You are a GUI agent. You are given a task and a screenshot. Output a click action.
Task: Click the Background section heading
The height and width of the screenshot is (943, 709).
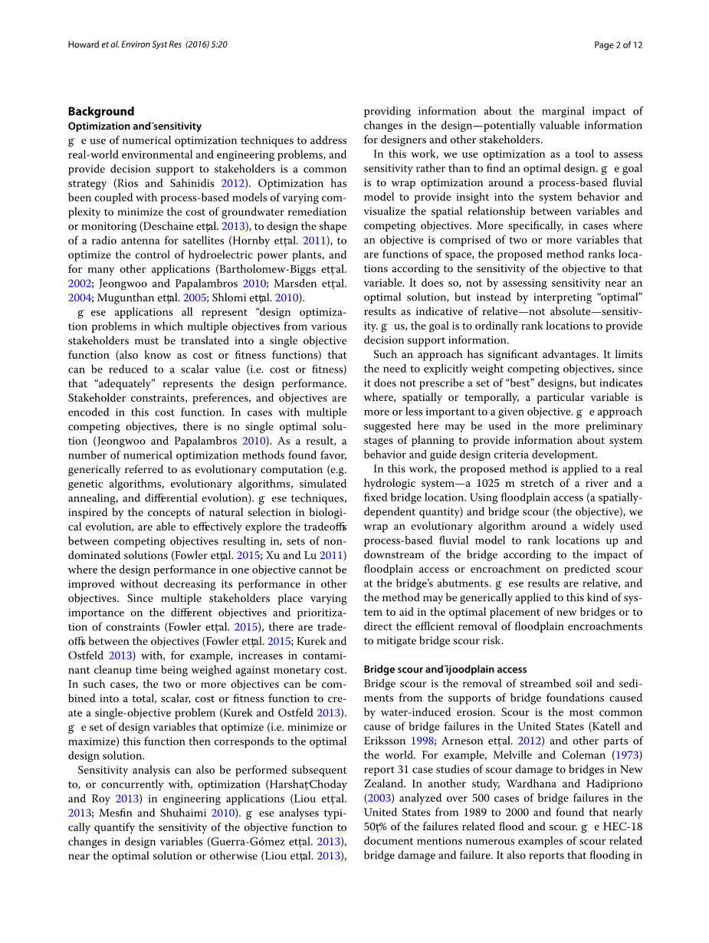point(101,111)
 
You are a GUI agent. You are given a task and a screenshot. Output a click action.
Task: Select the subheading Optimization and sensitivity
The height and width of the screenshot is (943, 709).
point(135,126)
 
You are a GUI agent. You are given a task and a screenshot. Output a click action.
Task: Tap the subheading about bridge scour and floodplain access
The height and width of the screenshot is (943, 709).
point(445,669)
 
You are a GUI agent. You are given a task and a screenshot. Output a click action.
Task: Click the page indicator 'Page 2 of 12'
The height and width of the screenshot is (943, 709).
point(618,44)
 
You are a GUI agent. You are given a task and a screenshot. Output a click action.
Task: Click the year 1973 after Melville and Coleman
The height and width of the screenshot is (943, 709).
point(627,755)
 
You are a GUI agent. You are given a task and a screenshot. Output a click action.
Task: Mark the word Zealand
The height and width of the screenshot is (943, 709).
point(385,784)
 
